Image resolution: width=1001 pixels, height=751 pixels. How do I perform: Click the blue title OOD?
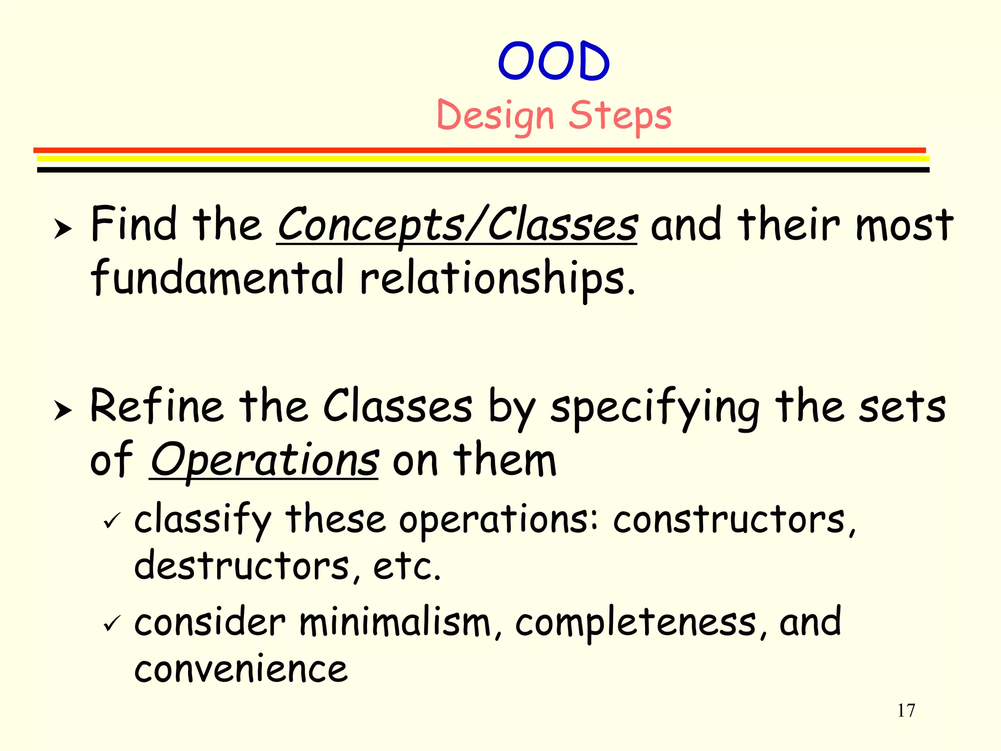[554, 62]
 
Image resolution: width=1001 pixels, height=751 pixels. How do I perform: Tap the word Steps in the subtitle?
[620, 116]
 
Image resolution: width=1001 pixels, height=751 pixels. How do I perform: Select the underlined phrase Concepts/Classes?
[457, 225]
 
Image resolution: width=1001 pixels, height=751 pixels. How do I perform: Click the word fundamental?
[218, 278]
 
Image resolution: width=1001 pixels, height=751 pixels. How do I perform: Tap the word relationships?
[498, 279]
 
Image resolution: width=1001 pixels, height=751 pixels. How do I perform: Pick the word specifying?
[655, 408]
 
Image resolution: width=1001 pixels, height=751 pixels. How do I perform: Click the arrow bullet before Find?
[63, 228]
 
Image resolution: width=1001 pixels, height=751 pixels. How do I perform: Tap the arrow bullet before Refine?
[63, 410]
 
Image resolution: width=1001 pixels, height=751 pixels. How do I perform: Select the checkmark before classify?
[112, 521]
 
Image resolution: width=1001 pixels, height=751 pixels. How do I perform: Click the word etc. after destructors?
[407, 567]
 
